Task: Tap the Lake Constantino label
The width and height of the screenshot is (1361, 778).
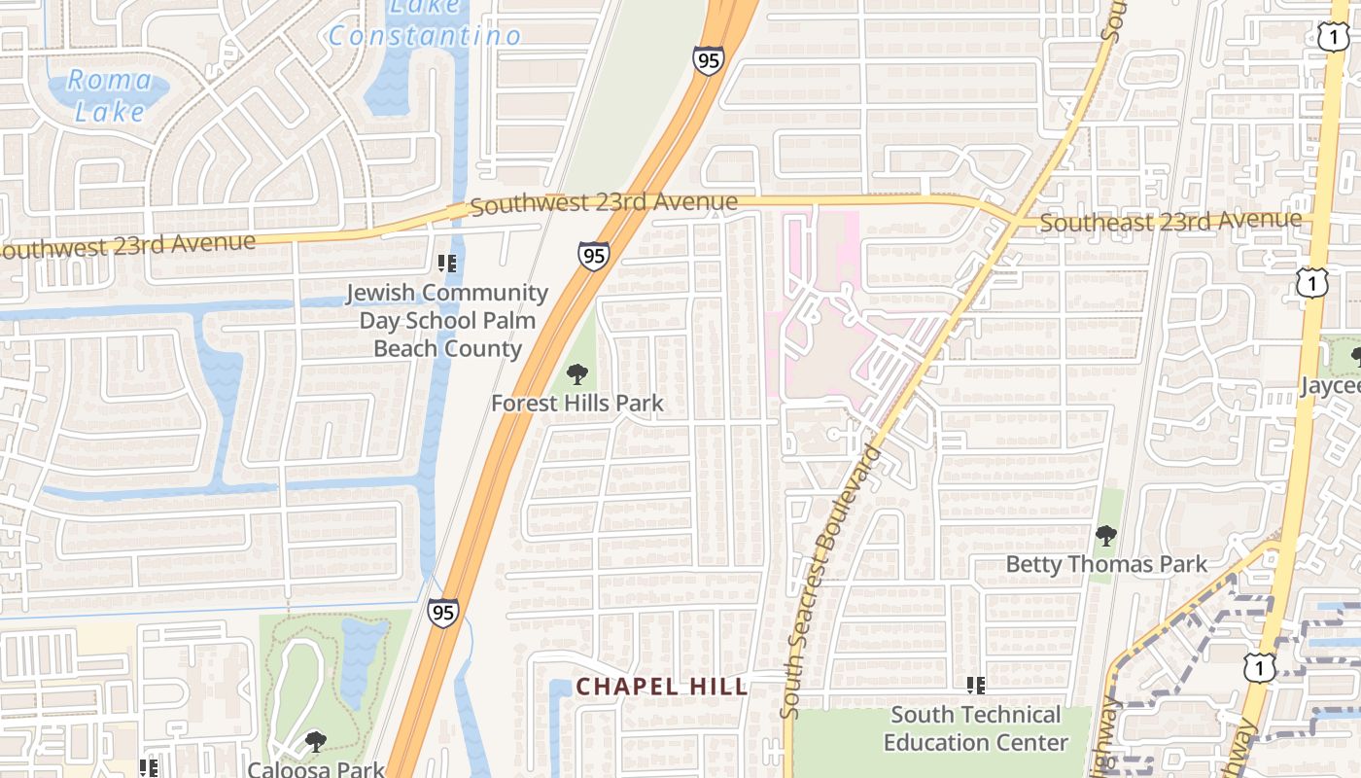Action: click(x=424, y=25)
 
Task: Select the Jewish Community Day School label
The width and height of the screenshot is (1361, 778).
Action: click(x=447, y=320)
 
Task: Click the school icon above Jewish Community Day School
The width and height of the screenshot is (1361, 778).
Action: click(x=447, y=263)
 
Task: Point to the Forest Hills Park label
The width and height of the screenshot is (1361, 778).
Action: click(x=577, y=403)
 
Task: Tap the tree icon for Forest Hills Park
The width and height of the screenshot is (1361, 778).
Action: click(x=577, y=374)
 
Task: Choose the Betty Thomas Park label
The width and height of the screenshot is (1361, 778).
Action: click(x=1106, y=564)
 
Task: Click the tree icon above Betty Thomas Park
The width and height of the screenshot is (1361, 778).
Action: click(x=1105, y=535)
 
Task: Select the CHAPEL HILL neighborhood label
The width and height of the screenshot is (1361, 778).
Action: click(x=662, y=687)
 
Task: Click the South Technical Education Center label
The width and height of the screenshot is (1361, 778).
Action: click(x=975, y=728)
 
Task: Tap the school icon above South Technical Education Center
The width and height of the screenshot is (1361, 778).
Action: click(x=976, y=686)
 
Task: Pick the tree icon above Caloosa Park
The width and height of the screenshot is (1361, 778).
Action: click(x=315, y=742)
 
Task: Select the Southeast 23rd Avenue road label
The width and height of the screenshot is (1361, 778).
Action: click(x=1170, y=222)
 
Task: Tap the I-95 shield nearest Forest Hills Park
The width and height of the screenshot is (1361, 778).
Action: click(x=593, y=256)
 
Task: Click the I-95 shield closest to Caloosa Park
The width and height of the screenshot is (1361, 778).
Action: click(x=442, y=613)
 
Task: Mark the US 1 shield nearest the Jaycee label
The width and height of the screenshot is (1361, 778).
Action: click(x=1311, y=283)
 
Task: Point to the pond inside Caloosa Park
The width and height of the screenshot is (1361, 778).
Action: click(x=362, y=652)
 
